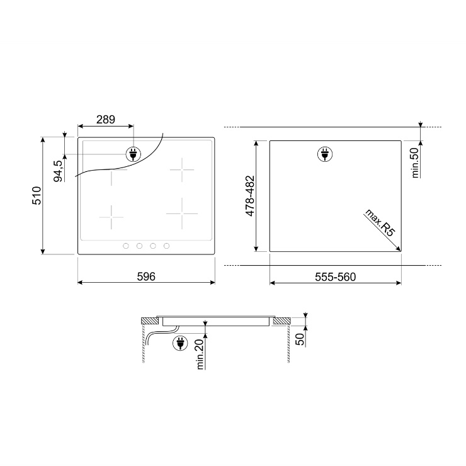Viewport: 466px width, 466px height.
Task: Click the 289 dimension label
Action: pyautogui.click(x=106, y=120)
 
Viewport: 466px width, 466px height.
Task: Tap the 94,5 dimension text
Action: pyautogui.click(x=58, y=171)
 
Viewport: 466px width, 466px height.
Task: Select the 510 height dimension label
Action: pyautogui.click(x=37, y=196)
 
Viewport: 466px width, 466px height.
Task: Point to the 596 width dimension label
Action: pyautogui.click(x=146, y=276)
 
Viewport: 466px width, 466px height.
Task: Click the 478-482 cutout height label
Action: pyautogui.click(x=250, y=196)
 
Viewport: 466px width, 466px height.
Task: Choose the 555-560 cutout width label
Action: pyautogui.click(x=335, y=277)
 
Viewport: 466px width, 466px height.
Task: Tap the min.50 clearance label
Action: pyautogui.click(x=415, y=162)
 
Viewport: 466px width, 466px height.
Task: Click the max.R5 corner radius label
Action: pyautogui.click(x=380, y=222)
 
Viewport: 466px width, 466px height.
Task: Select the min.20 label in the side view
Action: pyautogui.click(x=200, y=355)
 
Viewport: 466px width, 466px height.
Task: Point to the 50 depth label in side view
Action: pyautogui.click(x=300, y=339)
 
